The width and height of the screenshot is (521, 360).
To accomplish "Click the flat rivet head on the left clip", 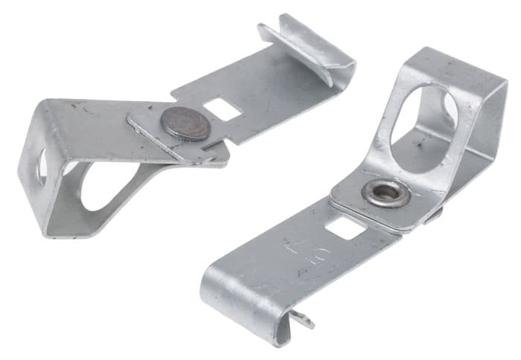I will click(187, 123).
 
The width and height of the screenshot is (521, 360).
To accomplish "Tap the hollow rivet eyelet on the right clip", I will click(385, 193).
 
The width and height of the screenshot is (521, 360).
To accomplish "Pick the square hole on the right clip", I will click(344, 228).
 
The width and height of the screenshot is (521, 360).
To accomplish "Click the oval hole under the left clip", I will click(105, 186).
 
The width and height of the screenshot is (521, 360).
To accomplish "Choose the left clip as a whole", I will click(171, 126).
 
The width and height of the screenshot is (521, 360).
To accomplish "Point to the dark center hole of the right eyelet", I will click(386, 192).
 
